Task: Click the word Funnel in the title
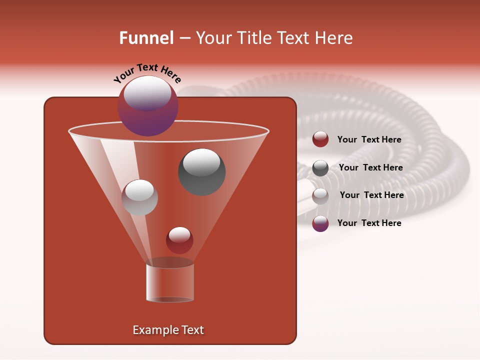pos(146,38)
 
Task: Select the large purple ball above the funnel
pos(147,106)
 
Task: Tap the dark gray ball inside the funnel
pos(202,172)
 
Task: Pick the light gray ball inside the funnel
pos(139,197)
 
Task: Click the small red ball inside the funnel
pos(179,240)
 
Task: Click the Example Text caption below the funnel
pos(168,330)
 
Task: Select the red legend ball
pos(320,139)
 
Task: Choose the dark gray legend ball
pos(320,168)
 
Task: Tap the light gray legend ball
pos(320,196)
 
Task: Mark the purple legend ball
pos(320,223)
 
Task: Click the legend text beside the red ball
pos(369,140)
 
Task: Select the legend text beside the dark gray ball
pos(370,168)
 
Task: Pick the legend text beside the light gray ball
pos(371,195)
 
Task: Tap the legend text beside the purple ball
pos(369,223)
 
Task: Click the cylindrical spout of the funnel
pos(170,282)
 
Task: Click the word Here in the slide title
pos(334,38)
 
